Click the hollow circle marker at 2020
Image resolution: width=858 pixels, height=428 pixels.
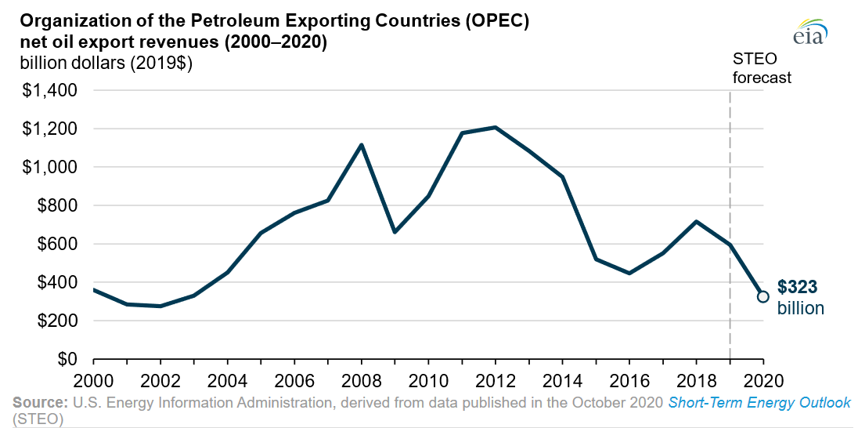762,296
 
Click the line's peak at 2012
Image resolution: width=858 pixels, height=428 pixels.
495,127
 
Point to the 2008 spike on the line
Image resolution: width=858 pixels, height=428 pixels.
361,144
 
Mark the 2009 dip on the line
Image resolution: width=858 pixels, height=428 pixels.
395,232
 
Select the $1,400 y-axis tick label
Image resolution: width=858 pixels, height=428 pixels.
50,90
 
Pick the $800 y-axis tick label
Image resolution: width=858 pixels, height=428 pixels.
56,205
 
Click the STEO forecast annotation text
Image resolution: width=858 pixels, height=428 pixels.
761,68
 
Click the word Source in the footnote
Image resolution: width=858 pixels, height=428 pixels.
40,403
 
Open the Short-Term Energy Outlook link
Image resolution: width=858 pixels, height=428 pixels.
759,403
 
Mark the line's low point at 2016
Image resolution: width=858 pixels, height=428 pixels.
629,273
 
